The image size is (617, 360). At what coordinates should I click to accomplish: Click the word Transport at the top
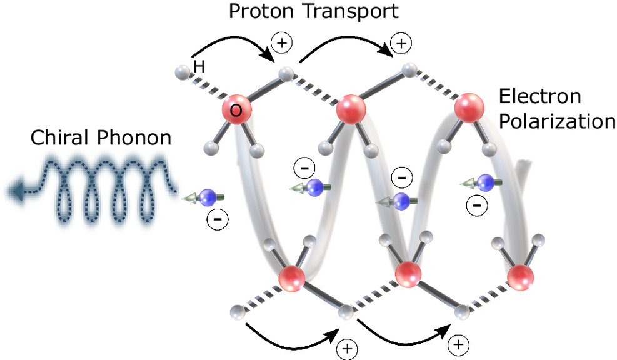point(351,11)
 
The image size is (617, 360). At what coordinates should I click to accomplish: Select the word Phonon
point(134,137)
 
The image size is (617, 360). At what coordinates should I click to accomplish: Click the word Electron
point(540,97)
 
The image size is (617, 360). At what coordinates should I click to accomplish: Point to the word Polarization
point(557,122)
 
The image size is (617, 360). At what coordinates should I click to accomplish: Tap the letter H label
point(199,66)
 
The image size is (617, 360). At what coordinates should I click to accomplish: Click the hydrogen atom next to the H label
point(182,72)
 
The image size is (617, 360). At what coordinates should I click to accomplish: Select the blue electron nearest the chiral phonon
point(208,197)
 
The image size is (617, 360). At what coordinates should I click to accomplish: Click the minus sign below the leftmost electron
point(217,219)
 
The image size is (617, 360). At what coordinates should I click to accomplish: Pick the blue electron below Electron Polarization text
point(485,182)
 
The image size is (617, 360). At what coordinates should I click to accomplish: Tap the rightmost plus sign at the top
point(401,43)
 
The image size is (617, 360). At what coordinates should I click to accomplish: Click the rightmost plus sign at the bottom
point(459,345)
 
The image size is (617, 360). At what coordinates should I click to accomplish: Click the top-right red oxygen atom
point(469,107)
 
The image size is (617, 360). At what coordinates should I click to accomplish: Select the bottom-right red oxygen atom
point(521,277)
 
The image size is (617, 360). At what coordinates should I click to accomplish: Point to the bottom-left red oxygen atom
point(291,279)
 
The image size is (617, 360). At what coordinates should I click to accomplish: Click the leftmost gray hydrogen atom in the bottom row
point(238,312)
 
